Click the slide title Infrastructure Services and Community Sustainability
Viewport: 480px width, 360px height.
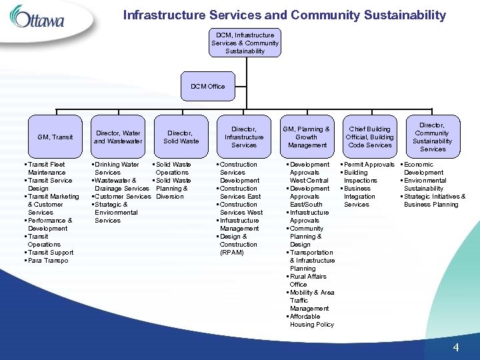[285, 15]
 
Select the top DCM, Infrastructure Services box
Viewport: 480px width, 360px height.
[245, 43]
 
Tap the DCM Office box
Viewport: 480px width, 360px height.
[208, 86]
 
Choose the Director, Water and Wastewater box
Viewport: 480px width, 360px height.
[118, 137]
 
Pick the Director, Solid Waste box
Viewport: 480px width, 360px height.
[181, 137]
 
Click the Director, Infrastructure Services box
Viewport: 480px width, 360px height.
[244, 137]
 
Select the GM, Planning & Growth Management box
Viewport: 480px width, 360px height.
[307, 137]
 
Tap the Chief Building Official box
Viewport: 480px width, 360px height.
[369, 137]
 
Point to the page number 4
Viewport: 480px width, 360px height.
[456, 347]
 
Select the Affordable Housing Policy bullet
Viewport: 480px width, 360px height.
[311, 321]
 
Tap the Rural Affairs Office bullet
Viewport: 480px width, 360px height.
[307, 281]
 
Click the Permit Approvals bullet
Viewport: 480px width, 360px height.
[369, 165]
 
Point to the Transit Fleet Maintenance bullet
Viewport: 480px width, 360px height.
[47, 169]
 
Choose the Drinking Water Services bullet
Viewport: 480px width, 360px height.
[117, 169]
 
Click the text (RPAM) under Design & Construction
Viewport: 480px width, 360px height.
[231, 253]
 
